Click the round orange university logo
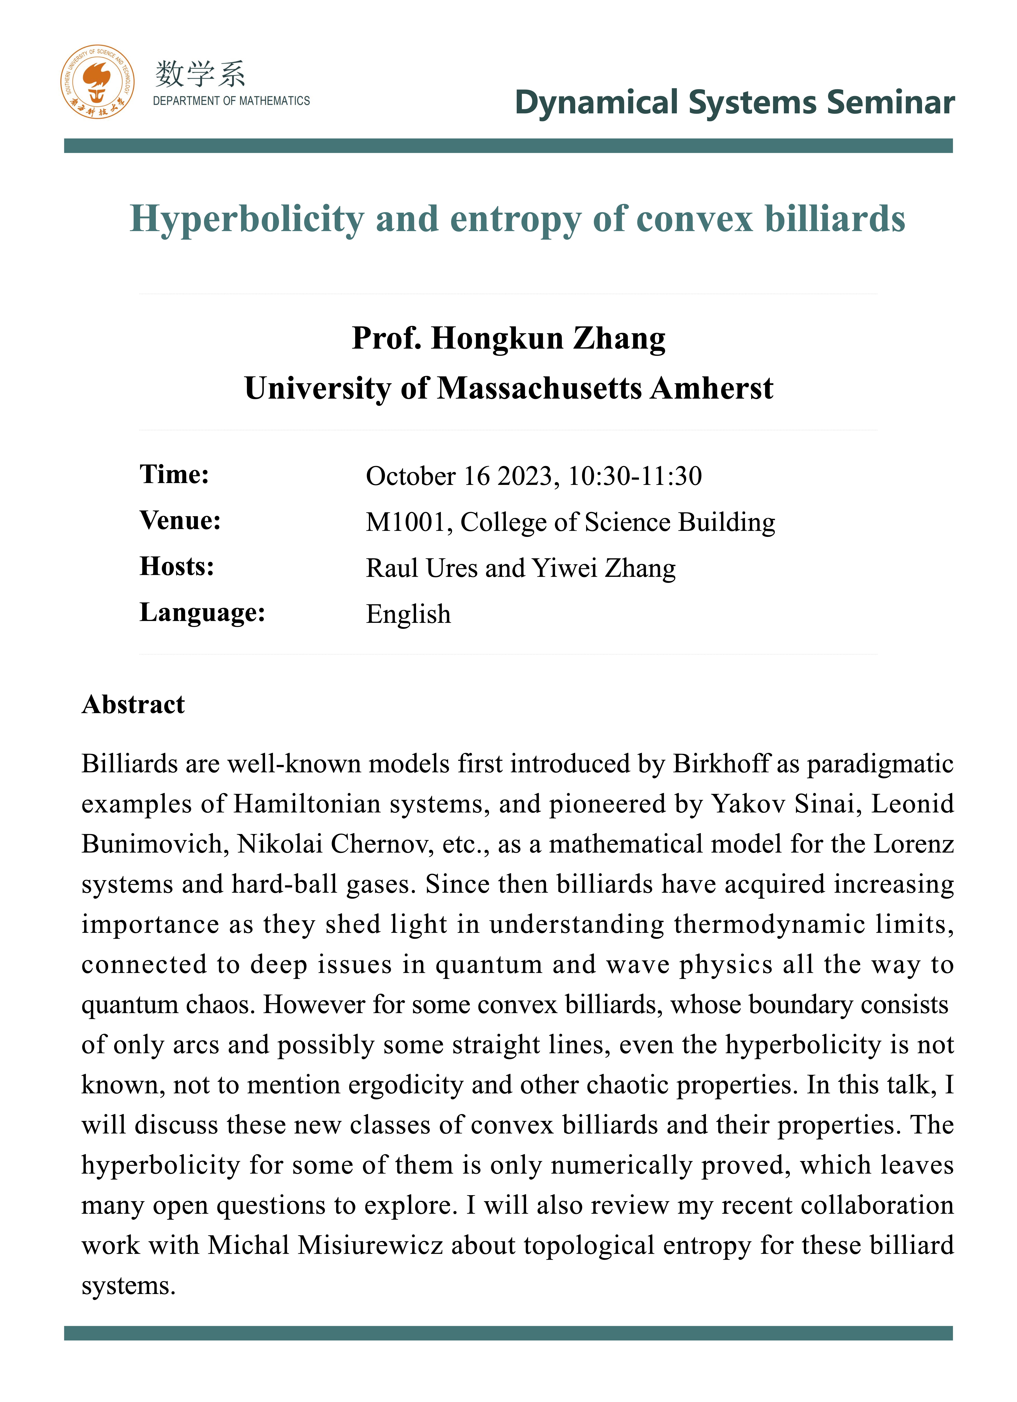click(x=97, y=82)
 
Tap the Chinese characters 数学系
click(x=200, y=74)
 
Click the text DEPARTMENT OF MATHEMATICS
click(x=231, y=101)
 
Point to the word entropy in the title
click(x=515, y=219)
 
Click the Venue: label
click(x=180, y=521)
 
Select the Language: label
click(x=202, y=613)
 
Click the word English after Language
click(x=408, y=614)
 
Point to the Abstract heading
click(x=133, y=705)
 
